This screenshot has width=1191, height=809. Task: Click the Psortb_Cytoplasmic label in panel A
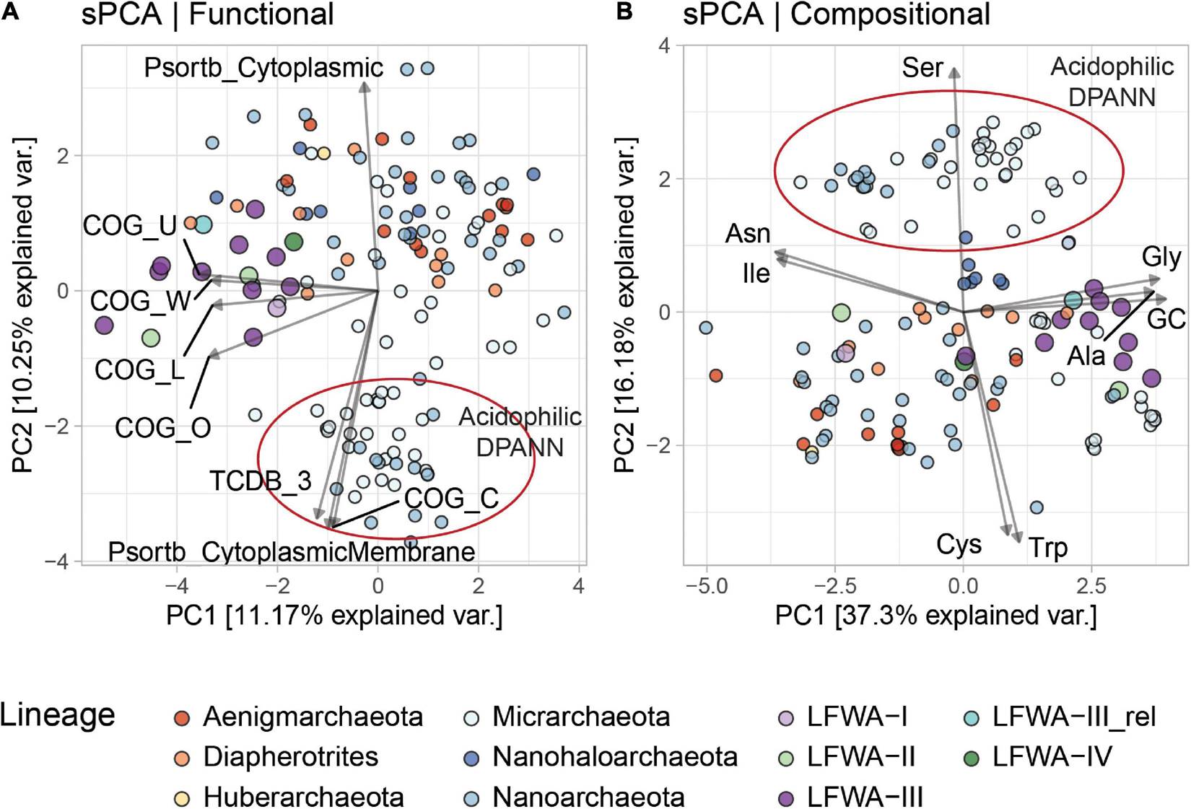(263, 68)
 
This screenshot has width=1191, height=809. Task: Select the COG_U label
(130, 226)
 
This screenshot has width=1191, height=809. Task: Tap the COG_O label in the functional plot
(163, 428)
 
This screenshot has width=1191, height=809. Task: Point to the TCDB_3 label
(261, 481)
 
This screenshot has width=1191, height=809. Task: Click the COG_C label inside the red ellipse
(451, 498)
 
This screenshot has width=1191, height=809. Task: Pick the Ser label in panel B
(922, 68)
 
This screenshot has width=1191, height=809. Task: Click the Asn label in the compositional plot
(748, 234)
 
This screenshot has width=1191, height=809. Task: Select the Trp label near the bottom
(1047, 548)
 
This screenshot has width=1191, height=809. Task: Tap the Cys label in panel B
(959, 544)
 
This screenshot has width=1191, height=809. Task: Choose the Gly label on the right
(1161, 258)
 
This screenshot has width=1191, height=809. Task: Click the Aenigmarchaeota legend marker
(182, 718)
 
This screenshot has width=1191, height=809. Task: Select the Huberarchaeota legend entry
(303, 797)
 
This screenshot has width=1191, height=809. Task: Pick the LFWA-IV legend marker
(973, 758)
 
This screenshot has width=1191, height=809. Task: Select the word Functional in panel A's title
(261, 14)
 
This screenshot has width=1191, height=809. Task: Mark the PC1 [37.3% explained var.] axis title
(935, 616)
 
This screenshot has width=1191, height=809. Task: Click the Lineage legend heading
(58, 714)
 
